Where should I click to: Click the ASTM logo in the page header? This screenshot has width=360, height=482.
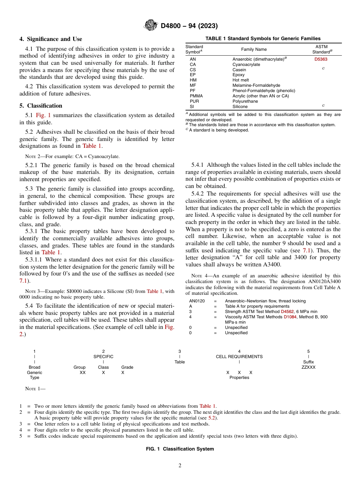(x=151, y=26)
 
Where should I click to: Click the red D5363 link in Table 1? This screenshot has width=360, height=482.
(x=321, y=59)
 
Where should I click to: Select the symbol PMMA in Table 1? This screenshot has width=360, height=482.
(x=196, y=96)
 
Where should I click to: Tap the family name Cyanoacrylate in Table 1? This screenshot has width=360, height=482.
(x=246, y=64)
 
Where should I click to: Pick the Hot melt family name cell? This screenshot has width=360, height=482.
(x=241, y=80)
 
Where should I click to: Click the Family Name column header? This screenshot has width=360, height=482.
(x=254, y=49)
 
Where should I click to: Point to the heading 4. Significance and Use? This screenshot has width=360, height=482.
(x=51, y=39)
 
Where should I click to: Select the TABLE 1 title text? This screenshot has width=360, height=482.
(x=263, y=38)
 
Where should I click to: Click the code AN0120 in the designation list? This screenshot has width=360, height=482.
(x=197, y=301)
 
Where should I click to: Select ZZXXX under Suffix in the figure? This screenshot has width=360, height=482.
(x=308, y=367)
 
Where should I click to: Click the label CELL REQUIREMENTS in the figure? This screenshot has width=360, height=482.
(x=239, y=357)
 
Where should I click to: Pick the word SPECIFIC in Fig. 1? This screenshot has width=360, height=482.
(x=103, y=357)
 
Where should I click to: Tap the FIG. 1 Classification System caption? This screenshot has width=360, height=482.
(x=180, y=449)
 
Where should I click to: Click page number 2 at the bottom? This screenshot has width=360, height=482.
(x=180, y=466)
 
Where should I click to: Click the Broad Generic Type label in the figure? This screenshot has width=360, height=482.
(x=34, y=372)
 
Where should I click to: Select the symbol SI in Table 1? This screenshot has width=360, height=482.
(x=192, y=106)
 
